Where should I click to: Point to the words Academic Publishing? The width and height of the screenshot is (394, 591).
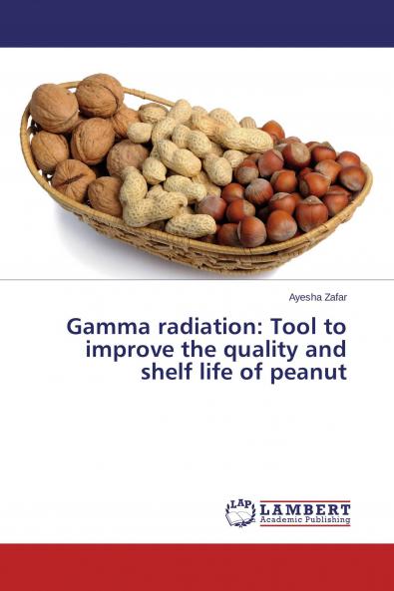pyautogui.click(x=305, y=520)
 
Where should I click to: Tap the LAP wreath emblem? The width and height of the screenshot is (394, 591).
pyautogui.click(x=240, y=512)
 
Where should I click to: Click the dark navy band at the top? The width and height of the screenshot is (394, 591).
pyautogui.click(x=197, y=23)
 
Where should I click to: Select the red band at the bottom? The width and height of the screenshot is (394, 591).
pyautogui.click(x=197, y=566)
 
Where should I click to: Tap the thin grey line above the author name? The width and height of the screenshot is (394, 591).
pyautogui.click(x=197, y=280)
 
